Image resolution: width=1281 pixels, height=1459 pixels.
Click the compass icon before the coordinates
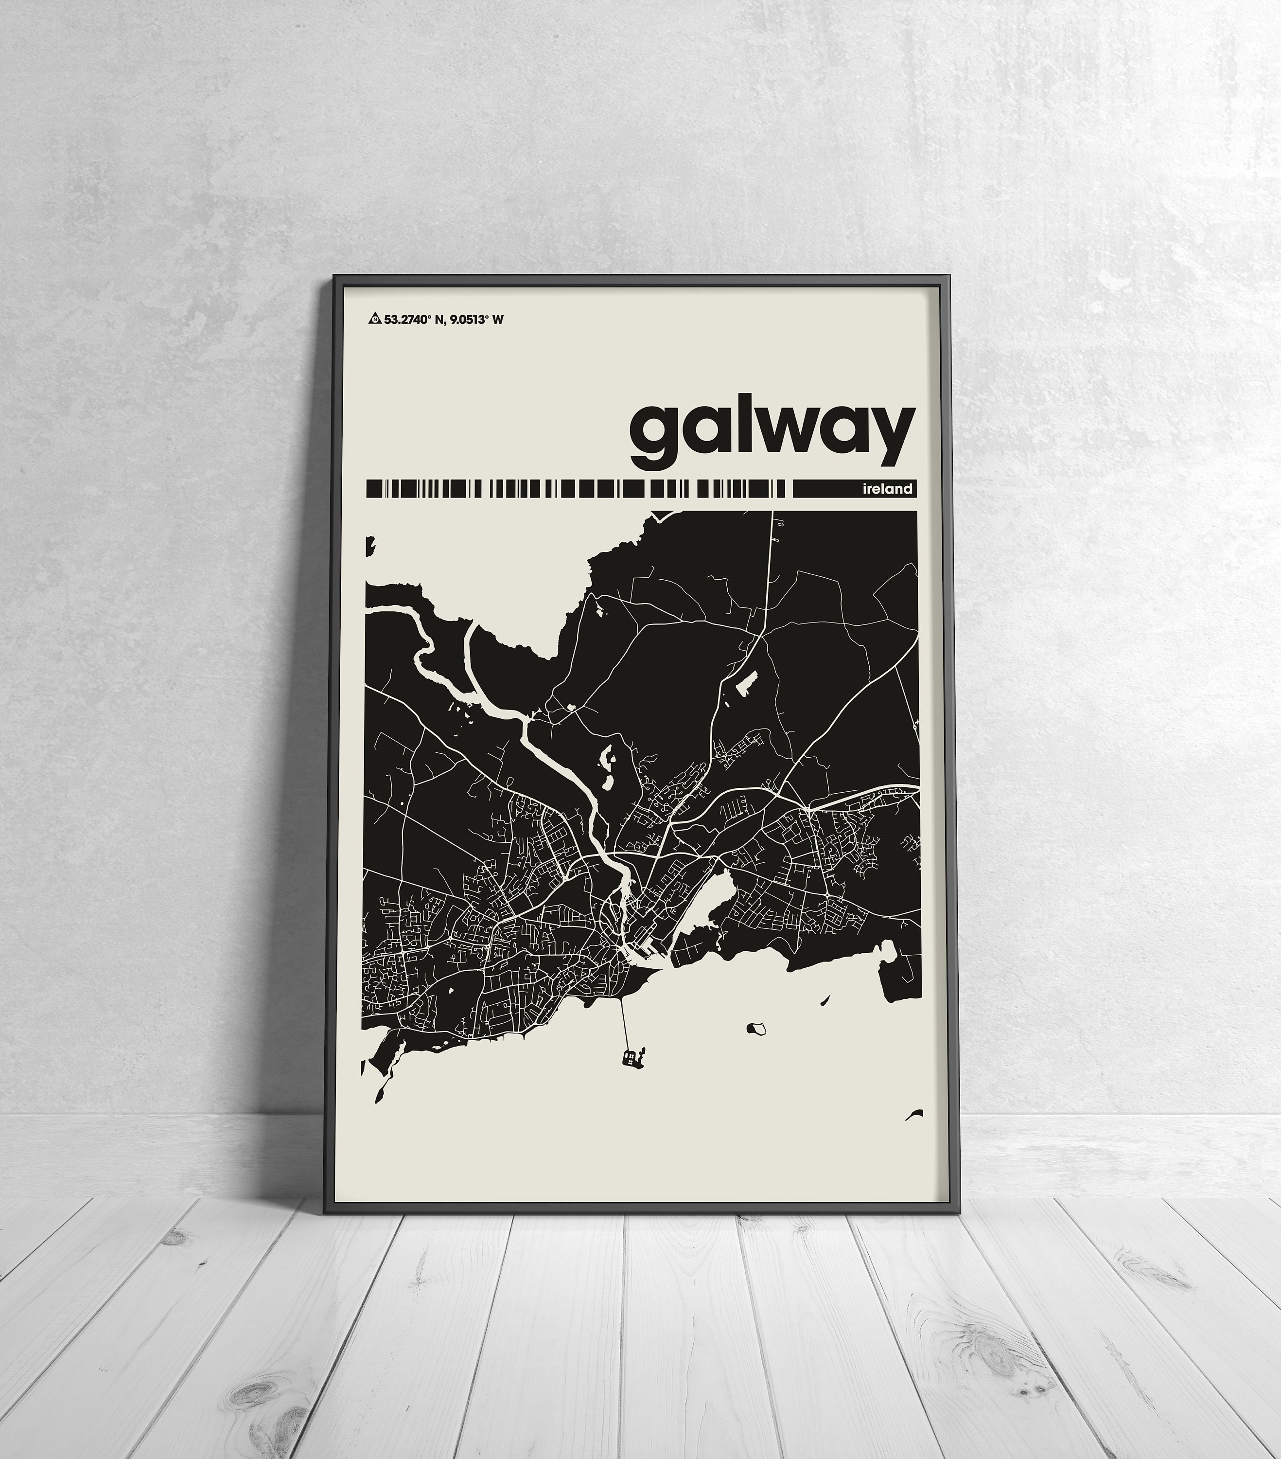coord(374,319)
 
